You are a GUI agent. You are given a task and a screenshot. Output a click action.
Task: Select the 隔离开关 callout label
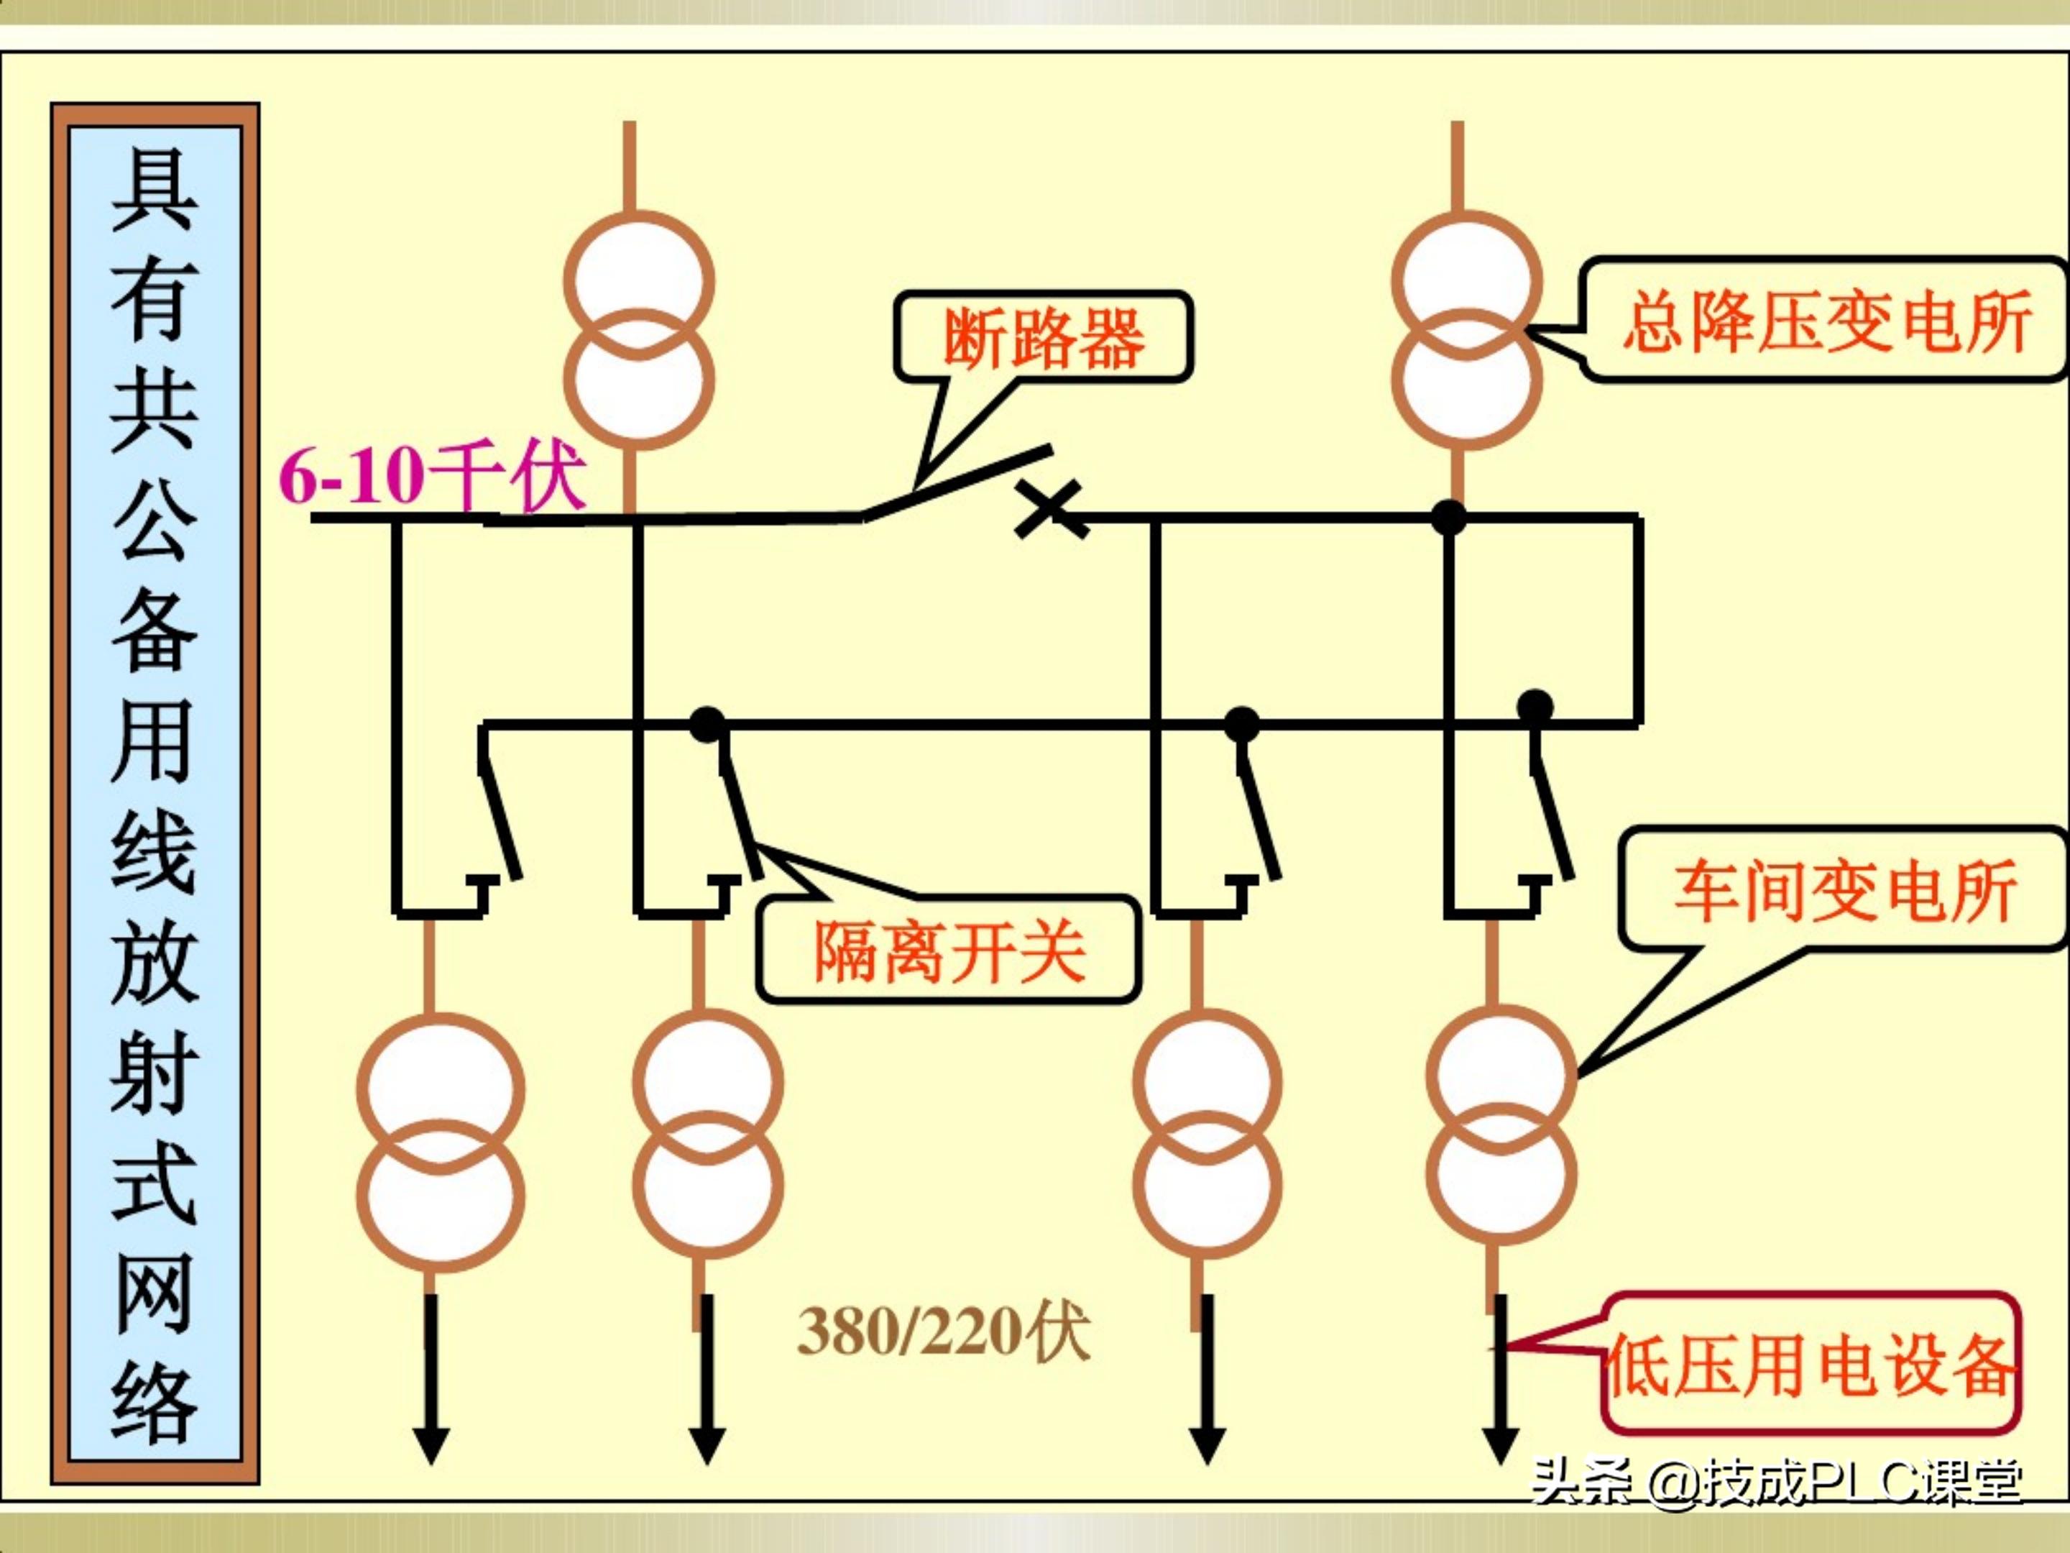pos(949,951)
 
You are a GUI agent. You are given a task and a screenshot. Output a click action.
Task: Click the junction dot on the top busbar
pos(1448,516)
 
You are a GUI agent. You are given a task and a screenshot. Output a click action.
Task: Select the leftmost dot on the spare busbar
pos(707,723)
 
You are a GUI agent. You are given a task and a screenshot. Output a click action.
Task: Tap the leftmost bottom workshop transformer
pos(440,1141)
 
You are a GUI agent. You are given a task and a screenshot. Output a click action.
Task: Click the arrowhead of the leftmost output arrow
pos(431,1447)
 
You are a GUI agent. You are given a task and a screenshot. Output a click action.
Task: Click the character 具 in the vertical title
pos(155,190)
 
